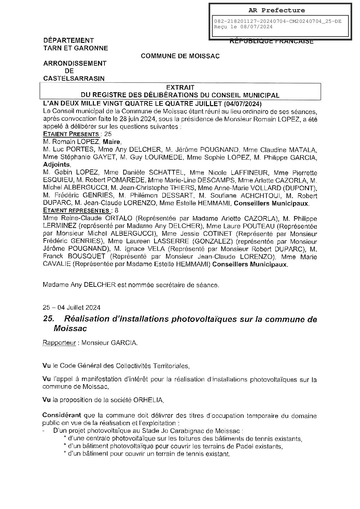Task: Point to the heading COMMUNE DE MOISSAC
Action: (x=180, y=56)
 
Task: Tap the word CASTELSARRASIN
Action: (x=74, y=79)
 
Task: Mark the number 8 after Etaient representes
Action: (x=108, y=211)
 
